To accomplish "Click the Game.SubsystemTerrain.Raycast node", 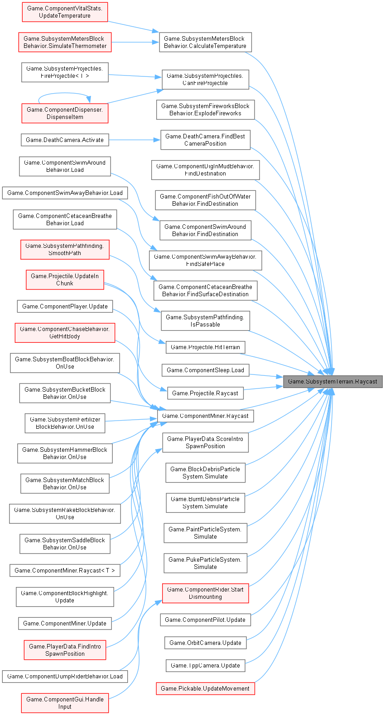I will [x=332, y=381].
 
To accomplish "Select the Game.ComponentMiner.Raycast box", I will [x=205, y=416].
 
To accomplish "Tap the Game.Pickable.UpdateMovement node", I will [x=205, y=688].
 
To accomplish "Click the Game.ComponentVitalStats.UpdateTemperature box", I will [x=65, y=12].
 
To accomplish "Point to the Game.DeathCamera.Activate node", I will [x=65, y=140].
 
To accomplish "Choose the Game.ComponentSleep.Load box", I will [x=205, y=370].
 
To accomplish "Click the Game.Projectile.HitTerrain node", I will [x=205, y=347].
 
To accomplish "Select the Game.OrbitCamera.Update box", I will [x=205, y=643].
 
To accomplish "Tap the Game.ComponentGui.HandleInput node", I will [x=65, y=703].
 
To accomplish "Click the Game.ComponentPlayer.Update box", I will [x=65, y=306].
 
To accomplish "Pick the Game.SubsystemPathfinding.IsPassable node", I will [x=205, y=321].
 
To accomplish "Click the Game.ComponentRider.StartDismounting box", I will [x=205, y=593].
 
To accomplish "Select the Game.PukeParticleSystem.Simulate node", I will [x=205, y=563].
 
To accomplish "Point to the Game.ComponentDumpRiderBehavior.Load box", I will [x=65, y=676].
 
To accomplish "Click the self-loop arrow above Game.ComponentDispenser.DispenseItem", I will [x=64, y=93].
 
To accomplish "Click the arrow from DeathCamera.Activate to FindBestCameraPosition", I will [x=135, y=140].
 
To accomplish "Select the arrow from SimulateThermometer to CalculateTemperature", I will [x=135, y=43].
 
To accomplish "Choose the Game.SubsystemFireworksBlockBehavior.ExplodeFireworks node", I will [x=205, y=109].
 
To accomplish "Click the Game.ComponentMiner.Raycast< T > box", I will [x=65, y=570].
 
